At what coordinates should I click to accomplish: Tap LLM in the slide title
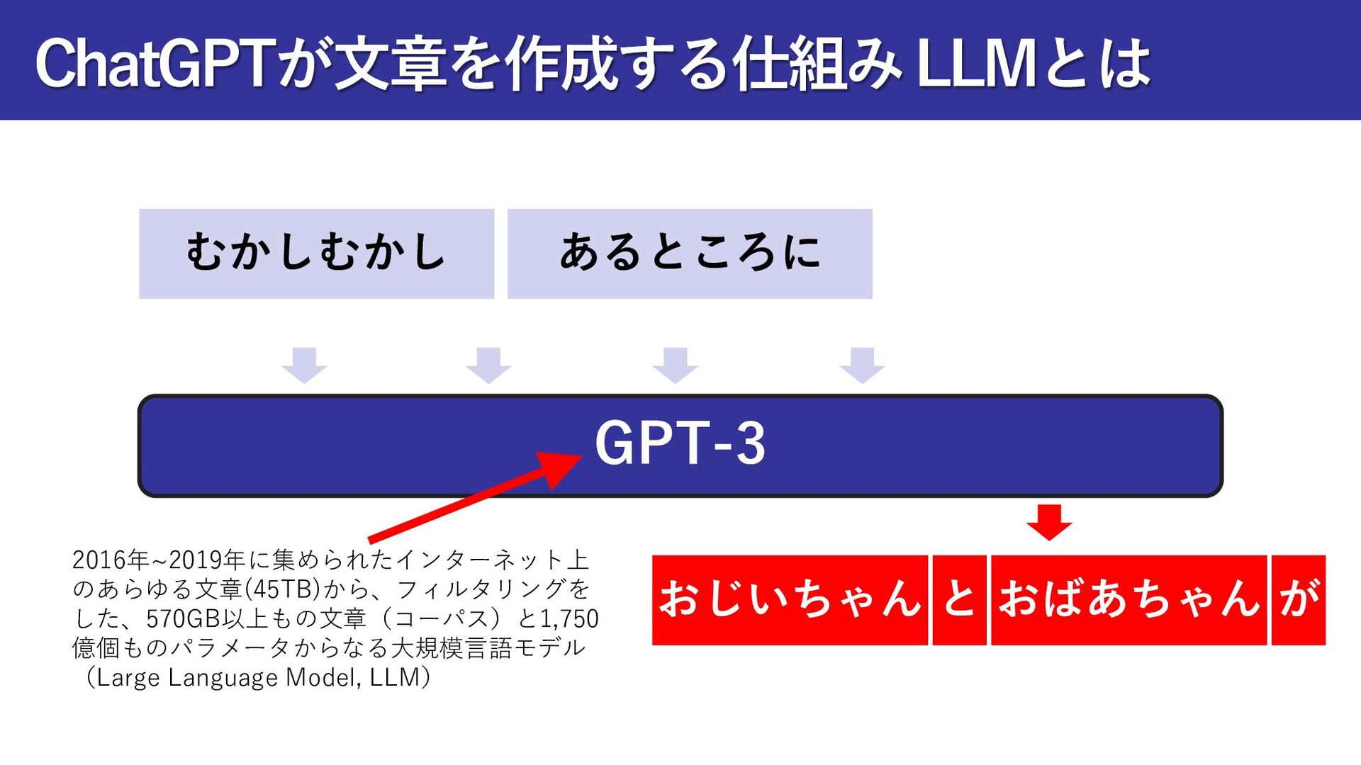(x=975, y=64)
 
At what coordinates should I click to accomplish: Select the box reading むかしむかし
(x=316, y=254)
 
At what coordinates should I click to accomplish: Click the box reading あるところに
(x=690, y=254)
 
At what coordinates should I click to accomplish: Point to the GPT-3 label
(x=680, y=443)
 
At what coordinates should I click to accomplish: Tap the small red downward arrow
(x=1049, y=522)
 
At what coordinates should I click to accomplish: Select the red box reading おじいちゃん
(x=790, y=600)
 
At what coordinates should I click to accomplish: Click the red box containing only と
(x=959, y=600)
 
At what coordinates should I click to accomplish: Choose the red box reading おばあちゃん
(x=1128, y=600)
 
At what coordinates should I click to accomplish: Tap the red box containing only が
(x=1298, y=600)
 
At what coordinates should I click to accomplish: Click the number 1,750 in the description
(x=569, y=619)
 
